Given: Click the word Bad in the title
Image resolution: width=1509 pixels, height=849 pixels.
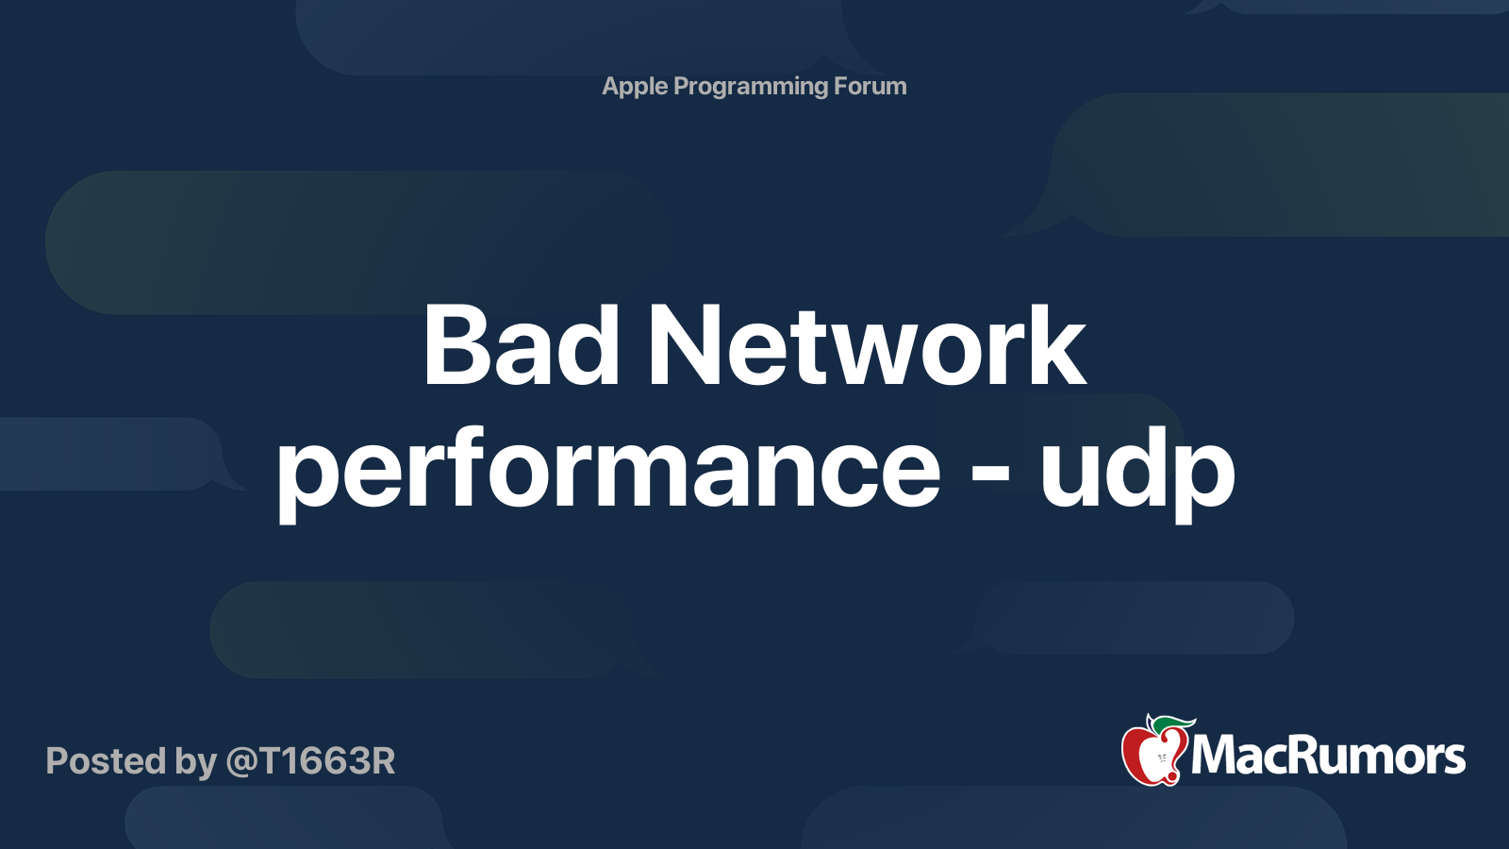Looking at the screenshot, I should click(x=521, y=346).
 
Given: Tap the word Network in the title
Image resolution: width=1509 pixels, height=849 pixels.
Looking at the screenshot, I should click(x=866, y=346).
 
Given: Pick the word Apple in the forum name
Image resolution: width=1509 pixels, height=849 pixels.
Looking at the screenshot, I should click(x=635, y=87).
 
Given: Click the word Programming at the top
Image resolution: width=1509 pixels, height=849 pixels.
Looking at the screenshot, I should click(x=751, y=87).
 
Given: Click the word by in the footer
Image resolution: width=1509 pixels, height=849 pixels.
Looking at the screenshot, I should click(x=195, y=762).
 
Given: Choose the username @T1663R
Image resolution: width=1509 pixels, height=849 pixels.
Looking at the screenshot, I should click(x=310, y=761).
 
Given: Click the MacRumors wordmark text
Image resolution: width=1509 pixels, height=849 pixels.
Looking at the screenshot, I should click(x=1328, y=757).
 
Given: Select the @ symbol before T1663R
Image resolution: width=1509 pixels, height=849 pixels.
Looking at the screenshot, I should click(x=242, y=762).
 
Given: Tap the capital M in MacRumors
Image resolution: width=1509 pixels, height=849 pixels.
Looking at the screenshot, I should click(x=1216, y=756).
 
